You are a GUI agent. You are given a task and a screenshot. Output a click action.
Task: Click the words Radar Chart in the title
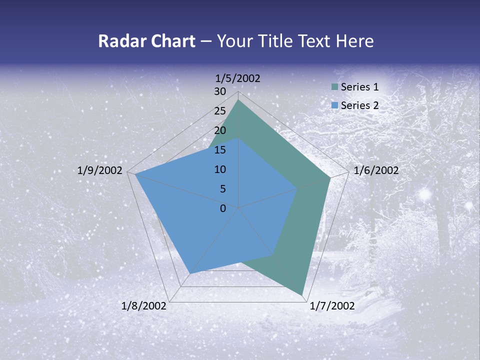coord(146,41)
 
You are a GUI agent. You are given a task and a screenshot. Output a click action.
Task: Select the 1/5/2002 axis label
coord(238,78)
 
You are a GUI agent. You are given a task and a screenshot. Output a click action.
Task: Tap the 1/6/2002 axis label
coord(376,170)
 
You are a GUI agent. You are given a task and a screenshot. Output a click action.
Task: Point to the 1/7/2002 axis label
coord(332,306)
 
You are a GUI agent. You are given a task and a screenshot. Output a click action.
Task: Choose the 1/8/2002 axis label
coord(144,306)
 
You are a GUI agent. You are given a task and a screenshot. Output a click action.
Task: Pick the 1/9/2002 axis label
coord(100,170)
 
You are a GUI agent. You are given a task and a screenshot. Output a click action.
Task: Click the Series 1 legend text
coord(359,87)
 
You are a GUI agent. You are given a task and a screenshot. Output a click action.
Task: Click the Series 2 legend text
coord(359,105)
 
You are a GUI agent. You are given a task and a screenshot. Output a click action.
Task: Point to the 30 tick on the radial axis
coord(220,91)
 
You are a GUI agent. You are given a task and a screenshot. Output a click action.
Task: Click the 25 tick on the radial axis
coord(220,111)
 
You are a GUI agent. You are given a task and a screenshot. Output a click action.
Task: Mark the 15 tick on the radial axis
coord(220,150)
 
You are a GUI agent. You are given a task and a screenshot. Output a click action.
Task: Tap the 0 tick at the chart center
coord(223,208)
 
